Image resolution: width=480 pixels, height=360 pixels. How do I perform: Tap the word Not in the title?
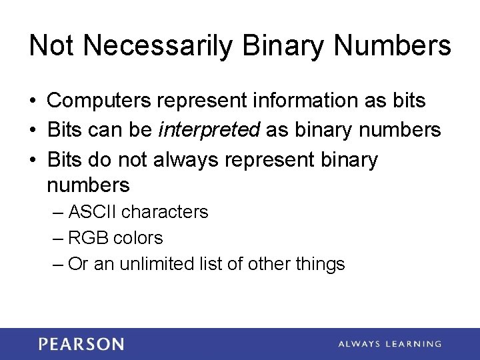click(52, 46)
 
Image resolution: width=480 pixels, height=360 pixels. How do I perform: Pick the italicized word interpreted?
click(209, 130)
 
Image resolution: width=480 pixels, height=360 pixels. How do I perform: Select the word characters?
click(165, 212)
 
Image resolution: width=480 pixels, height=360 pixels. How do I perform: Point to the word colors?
click(138, 238)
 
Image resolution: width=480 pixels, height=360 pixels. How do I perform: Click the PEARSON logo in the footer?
click(81, 344)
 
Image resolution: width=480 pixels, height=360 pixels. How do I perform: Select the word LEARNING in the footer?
click(413, 344)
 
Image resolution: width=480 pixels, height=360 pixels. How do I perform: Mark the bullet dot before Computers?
click(33, 101)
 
